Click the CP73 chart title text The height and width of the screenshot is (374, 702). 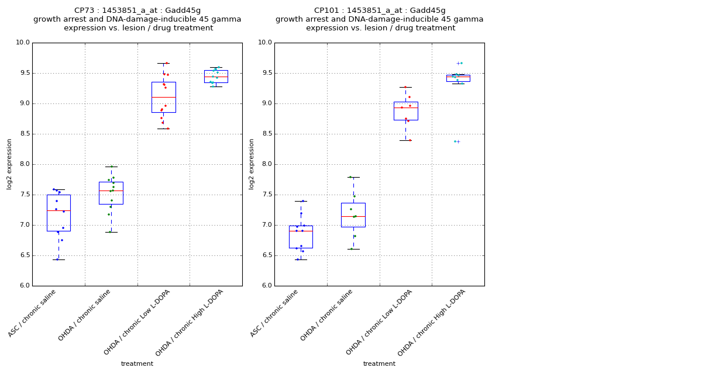[137, 19]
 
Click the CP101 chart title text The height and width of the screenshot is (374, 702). [379, 19]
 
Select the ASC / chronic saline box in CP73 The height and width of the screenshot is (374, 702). [58, 213]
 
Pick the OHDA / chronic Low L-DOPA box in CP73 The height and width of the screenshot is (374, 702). [163, 97]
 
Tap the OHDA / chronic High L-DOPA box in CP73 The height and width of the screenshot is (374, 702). [216, 77]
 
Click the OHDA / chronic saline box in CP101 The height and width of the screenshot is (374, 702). [353, 215]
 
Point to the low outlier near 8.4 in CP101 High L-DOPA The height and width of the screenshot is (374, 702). [458, 141]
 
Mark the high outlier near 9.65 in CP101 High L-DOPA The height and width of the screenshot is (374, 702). [459, 63]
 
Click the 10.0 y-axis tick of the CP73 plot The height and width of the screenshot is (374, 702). [23, 43]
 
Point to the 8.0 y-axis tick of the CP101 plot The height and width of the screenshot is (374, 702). [265, 164]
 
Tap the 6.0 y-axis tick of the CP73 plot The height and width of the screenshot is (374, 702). [23, 286]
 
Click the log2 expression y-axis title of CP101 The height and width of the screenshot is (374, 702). [252, 164]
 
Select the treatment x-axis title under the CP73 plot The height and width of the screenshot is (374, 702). [137, 364]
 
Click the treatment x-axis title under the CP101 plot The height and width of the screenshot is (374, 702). [379, 364]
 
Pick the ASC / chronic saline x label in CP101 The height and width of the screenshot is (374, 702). [275, 313]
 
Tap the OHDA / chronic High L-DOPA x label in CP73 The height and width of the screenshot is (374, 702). [190, 323]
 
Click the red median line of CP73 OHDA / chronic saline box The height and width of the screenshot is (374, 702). [111, 191]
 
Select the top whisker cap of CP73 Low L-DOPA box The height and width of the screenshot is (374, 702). [163, 63]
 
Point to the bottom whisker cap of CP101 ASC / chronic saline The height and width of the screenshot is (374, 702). [301, 259]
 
